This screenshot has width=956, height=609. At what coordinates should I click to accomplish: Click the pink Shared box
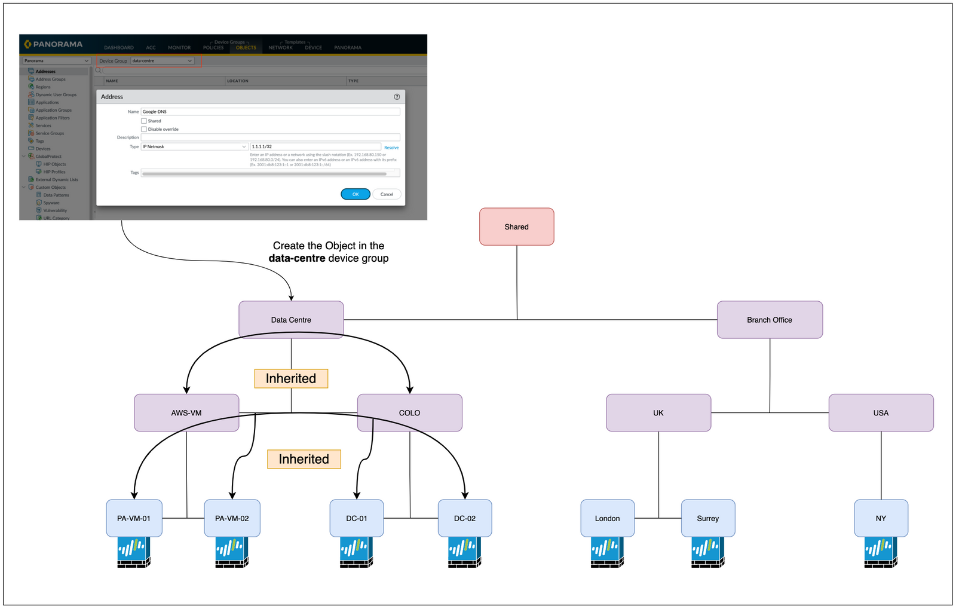click(516, 227)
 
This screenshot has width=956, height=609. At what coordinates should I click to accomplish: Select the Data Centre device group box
click(291, 320)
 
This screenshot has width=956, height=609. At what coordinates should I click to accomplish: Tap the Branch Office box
click(770, 320)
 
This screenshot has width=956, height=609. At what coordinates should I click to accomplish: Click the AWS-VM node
click(186, 413)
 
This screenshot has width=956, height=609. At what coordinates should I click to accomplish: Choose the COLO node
click(409, 413)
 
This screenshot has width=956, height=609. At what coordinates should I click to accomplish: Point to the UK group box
click(658, 413)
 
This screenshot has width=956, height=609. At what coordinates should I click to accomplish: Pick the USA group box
click(881, 413)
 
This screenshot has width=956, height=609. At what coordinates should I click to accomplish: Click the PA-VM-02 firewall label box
click(232, 518)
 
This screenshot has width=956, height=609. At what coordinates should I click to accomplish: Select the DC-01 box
click(357, 518)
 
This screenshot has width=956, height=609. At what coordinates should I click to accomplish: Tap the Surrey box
click(707, 518)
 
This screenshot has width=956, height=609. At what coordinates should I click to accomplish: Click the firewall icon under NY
click(880, 552)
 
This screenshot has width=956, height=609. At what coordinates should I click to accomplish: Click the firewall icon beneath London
click(607, 552)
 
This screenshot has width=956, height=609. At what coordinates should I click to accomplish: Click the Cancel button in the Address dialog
click(387, 194)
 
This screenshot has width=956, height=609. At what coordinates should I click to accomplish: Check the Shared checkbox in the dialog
click(144, 121)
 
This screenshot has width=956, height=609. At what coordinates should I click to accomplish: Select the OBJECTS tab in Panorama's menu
click(246, 48)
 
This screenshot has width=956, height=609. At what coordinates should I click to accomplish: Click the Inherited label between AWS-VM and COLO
click(291, 378)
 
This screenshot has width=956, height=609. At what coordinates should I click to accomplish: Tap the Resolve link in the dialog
click(391, 148)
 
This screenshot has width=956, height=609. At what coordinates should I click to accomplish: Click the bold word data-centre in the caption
click(297, 258)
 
